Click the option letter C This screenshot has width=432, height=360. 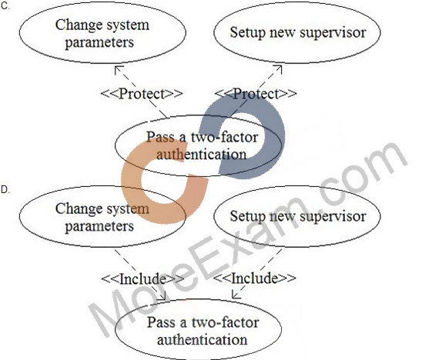[x=5, y=6]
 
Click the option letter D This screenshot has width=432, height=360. [x=5, y=190]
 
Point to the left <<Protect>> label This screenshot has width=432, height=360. [x=142, y=94]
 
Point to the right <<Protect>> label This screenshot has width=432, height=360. [x=256, y=94]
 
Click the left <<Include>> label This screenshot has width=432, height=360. [x=142, y=278]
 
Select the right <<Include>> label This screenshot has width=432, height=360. [x=255, y=278]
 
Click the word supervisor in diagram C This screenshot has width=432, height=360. [x=333, y=33]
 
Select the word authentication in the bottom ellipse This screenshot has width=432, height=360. [x=202, y=339]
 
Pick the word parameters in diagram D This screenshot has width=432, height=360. [x=99, y=227]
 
